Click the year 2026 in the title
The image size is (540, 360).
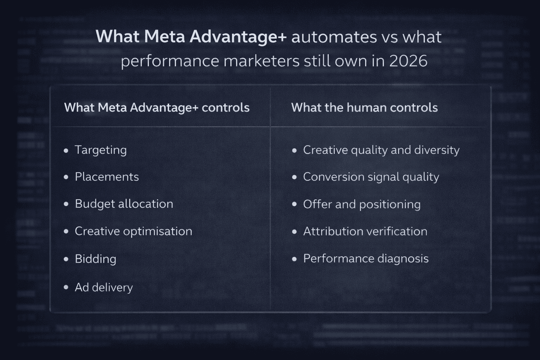coord(408,61)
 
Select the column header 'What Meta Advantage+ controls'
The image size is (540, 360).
coord(157,107)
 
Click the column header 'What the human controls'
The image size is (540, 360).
coord(364,107)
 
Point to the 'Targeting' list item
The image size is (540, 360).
coord(101,150)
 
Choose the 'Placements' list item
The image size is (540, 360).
coord(107,176)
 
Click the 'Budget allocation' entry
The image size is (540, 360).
coord(124,204)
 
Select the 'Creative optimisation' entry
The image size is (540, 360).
coord(133,231)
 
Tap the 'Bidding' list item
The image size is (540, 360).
coord(95,259)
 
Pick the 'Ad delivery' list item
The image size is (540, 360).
coord(104,287)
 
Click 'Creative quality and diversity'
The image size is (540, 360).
coord(381,150)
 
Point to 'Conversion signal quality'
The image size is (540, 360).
coord(371,177)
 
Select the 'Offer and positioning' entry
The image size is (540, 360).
coord(362,204)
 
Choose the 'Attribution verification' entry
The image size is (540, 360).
coord(365,231)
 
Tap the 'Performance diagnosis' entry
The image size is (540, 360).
coord(366,259)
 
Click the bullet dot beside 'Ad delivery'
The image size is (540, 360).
coord(66,287)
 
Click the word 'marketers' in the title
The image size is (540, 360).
coord(261,61)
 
